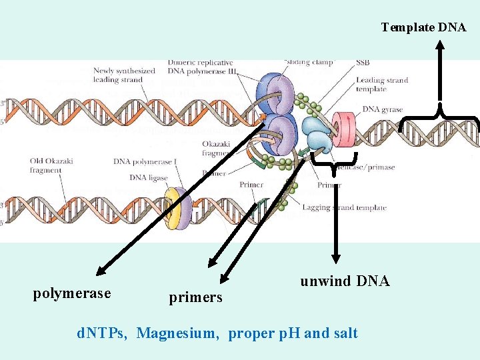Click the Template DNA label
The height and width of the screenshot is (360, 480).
[423, 27]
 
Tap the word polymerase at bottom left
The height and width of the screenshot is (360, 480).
[72, 294]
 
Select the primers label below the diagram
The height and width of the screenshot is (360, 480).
[195, 297]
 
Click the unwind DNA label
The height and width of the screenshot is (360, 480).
[345, 281]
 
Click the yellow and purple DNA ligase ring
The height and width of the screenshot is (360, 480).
[178, 208]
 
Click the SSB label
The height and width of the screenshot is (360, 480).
[363, 63]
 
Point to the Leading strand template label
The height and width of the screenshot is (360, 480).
[381, 85]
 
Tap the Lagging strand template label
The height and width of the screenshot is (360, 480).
[344, 208]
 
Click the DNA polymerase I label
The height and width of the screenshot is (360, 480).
[140, 161]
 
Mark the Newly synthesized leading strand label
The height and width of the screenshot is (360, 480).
[124, 75]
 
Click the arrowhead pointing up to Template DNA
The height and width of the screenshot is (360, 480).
[439, 45]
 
